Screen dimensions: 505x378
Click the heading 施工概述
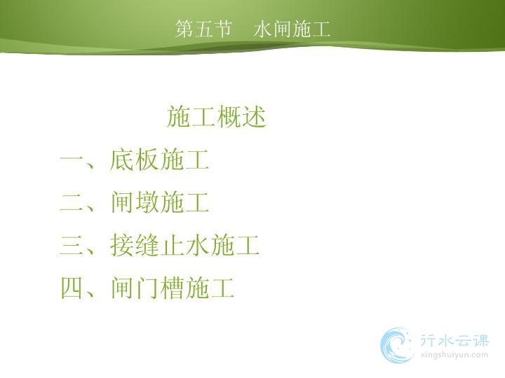pyautogui.click(x=216, y=116)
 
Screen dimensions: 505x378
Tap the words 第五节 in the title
pyautogui.click(x=203, y=29)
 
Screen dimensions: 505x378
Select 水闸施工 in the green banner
pyautogui.click(x=292, y=29)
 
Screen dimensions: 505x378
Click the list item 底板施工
pyautogui.click(x=159, y=159)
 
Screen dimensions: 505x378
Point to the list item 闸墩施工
pyautogui.click(x=159, y=202)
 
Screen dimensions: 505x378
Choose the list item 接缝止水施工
pyautogui.click(x=184, y=245)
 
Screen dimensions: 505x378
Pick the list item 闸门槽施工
pyautogui.click(x=172, y=288)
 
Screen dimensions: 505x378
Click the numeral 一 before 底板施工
pyautogui.click(x=72, y=160)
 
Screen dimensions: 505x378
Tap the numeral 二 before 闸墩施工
pyautogui.click(x=72, y=202)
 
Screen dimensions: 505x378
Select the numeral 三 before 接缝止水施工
pyautogui.click(x=72, y=245)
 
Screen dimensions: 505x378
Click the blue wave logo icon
pyautogui.click(x=397, y=346)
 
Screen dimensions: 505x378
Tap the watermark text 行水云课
pyautogui.click(x=454, y=341)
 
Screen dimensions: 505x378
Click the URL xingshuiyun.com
pyautogui.click(x=454, y=355)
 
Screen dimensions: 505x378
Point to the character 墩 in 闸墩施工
pyautogui.click(x=147, y=202)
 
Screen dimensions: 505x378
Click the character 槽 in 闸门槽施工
pyautogui.click(x=172, y=288)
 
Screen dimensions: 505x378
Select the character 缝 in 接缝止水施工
pyautogui.click(x=147, y=245)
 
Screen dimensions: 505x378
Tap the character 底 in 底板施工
pyautogui.click(x=122, y=159)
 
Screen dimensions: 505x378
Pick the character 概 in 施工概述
pyautogui.click(x=229, y=116)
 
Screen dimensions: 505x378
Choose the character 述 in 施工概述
pyautogui.click(x=254, y=116)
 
